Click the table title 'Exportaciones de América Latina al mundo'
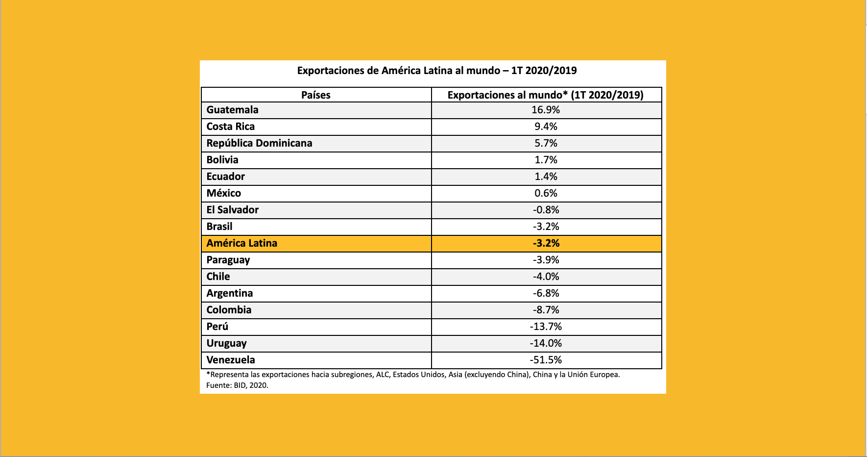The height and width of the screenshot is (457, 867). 436,71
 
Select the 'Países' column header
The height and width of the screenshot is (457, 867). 315,95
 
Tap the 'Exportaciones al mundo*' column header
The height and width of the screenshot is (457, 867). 545,95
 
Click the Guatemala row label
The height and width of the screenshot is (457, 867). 232,110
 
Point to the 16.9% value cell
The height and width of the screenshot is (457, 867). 546,110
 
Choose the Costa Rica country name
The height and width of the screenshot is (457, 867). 230,127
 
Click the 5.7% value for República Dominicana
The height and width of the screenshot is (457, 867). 546,143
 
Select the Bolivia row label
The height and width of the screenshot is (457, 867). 222,160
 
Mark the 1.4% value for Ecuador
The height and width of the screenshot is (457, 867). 546,177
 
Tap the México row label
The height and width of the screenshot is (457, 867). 223,193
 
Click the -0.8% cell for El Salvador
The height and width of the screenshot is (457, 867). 546,210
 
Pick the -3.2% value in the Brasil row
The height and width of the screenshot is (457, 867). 546,227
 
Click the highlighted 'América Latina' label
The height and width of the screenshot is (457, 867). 241,243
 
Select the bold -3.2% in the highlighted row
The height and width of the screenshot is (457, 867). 546,243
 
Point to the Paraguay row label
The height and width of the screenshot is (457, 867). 228,260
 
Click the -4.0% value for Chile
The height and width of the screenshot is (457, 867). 546,277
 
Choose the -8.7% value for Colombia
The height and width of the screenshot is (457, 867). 546,310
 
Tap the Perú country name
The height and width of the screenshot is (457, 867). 217,327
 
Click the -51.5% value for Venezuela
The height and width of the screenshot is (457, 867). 546,360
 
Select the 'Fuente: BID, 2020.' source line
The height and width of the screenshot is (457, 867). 237,385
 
